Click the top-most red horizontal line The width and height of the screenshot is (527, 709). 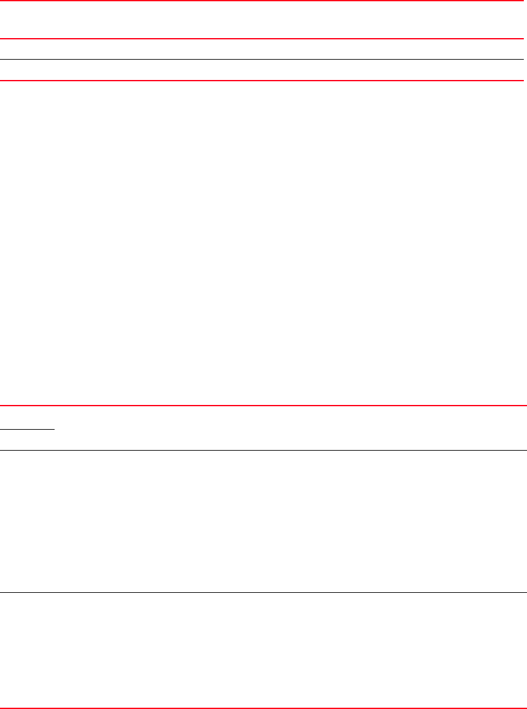(263, 1)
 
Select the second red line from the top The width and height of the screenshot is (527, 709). (263, 39)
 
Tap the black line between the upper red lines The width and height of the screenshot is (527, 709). (263, 60)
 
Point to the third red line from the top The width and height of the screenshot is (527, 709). (263, 80)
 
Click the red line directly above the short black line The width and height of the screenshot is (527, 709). (263, 406)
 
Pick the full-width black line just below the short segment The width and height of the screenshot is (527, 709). (263, 451)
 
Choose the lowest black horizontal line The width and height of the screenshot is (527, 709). (263, 593)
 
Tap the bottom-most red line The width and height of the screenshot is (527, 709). (263, 708)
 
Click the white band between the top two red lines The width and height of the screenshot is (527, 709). (263, 20)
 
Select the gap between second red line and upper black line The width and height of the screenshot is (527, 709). (263, 50)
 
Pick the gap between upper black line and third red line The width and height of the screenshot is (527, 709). (263, 70)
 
